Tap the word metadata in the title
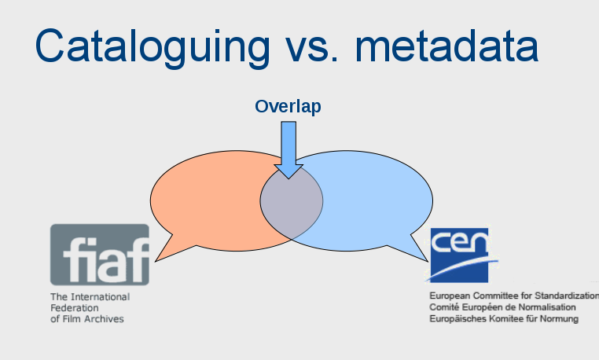point(447,46)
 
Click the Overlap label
point(288,107)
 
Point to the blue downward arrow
point(288,150)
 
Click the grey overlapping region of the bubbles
point(292,201)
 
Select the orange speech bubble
point(206,200)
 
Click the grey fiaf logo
point(100,255)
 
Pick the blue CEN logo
point(460,255)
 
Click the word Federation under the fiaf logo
point(75,308)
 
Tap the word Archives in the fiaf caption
point(105,319)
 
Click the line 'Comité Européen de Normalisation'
point(502,307)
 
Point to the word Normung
point(559,319)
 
